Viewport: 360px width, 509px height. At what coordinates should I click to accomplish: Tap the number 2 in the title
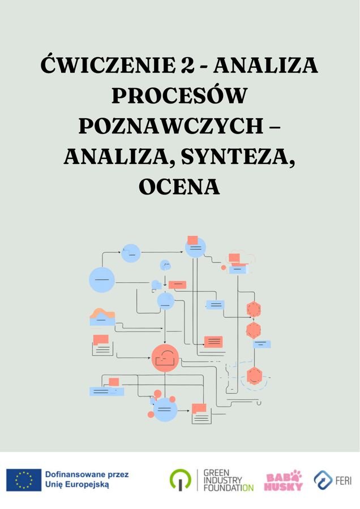[x=186, y=66]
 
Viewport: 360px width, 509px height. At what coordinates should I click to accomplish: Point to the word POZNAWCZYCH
[x=171, y=126]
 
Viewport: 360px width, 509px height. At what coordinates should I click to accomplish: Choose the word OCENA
[x=179, y=187]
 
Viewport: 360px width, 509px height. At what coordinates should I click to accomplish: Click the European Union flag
[x=24, y=480]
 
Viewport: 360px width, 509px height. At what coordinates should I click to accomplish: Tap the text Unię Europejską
[x=77, y=485]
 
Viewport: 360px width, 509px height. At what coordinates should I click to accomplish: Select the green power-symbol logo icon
[x=181, y=480]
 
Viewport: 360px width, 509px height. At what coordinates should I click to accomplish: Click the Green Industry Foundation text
[x=229, y=480]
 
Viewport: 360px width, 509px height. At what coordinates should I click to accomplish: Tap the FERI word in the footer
[x=344, y=480]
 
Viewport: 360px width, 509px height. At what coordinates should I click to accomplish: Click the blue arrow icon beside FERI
[x=323, y=480]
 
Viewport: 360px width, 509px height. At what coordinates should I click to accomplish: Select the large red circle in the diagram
[x=165, y=358]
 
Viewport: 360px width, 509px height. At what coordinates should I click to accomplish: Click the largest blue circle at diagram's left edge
[x=102, y=280]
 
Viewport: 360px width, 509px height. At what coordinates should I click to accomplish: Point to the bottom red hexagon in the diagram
[x=254, y=376]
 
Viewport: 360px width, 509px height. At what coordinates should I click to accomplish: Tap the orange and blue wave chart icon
[x=102, y=317]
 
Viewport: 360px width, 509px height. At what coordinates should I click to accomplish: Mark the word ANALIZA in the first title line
[x=265, y=64]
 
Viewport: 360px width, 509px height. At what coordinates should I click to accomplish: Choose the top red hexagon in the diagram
[x=254, y=309]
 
